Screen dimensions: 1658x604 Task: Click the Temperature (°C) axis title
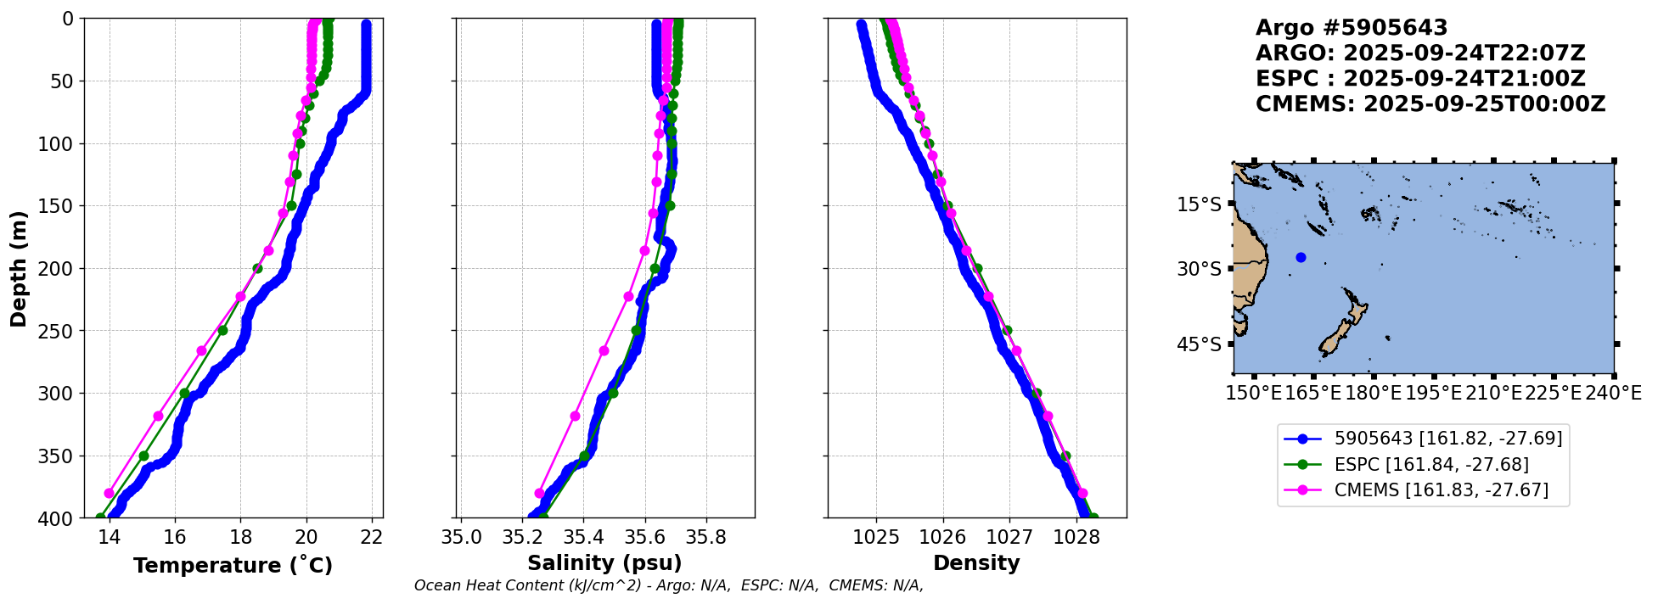233,565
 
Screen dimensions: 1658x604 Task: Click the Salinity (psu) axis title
604,563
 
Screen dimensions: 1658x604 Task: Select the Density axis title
976,563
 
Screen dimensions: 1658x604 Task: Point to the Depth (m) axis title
19,268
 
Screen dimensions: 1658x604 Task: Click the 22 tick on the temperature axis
372,538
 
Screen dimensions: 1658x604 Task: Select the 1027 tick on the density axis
1010,538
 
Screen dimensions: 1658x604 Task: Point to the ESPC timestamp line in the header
1420,79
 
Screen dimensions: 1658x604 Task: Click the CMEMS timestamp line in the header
1430,104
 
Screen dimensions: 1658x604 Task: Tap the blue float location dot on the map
1301,257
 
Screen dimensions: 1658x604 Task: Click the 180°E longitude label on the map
1373,393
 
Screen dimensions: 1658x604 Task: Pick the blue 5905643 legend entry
1423,439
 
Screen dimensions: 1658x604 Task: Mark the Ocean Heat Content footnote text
669,585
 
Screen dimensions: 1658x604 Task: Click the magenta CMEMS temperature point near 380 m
109,493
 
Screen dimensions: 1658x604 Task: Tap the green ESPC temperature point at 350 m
143,456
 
